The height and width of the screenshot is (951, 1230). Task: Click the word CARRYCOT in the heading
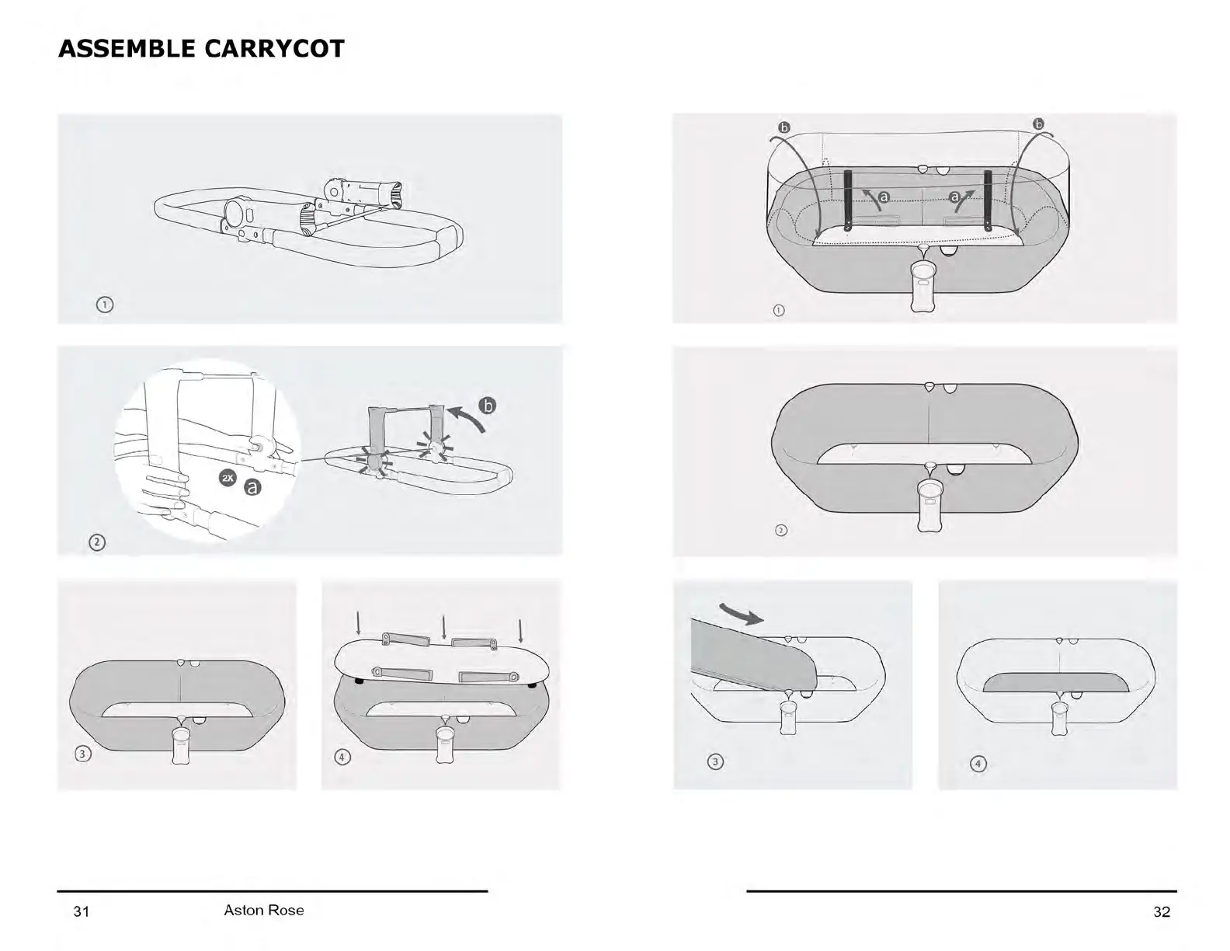point(274,49)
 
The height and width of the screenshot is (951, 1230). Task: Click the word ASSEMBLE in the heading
point(127,49)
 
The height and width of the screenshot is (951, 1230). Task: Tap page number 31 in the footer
point(82,911)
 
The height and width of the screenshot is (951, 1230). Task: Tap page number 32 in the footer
point(1161,911)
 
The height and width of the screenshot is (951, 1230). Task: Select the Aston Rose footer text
point(264,910)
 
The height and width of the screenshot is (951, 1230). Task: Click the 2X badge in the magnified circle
point(228,478)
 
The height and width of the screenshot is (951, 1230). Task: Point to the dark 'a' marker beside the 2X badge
point(252,487)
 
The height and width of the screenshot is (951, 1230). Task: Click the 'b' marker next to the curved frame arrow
point(487,406)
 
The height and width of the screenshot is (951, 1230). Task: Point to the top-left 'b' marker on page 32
point(784,127)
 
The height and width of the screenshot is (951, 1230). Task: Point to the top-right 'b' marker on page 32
point(1038,124)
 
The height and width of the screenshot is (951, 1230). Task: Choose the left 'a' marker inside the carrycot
point(884,197)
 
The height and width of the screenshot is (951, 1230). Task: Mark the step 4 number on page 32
point(978,764)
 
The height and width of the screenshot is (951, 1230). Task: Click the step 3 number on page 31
point(82,754)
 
